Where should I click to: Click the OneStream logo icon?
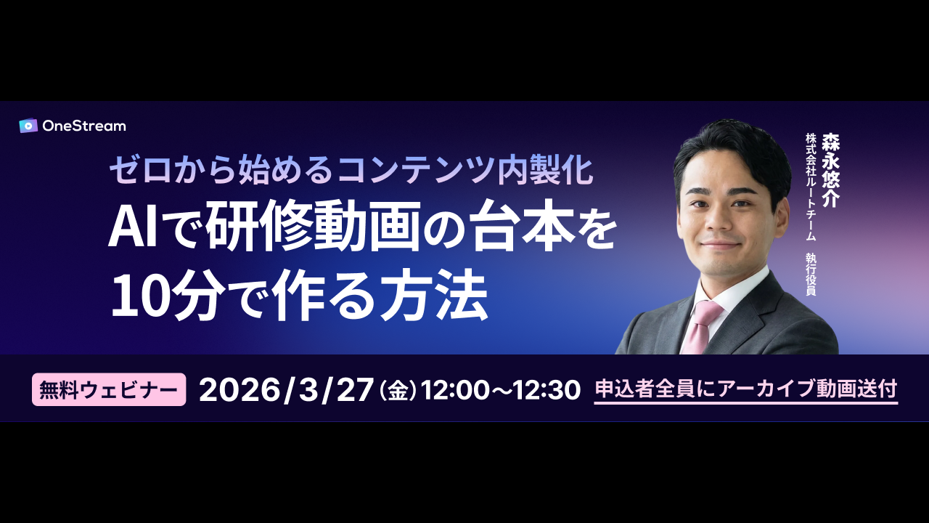coord(28,126)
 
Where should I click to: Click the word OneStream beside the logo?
coord(84,126)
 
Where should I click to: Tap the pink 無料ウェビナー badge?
coord(109,389)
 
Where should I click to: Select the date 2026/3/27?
coord(285,390)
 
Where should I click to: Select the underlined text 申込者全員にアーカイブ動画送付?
coord(746,389)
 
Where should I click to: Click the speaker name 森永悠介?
coord(830,170)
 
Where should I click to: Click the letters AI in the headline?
coord(132,227)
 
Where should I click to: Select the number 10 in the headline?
coord(139,297)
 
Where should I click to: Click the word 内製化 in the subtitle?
coord(545,170)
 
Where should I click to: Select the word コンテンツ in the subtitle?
coord(416,170)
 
